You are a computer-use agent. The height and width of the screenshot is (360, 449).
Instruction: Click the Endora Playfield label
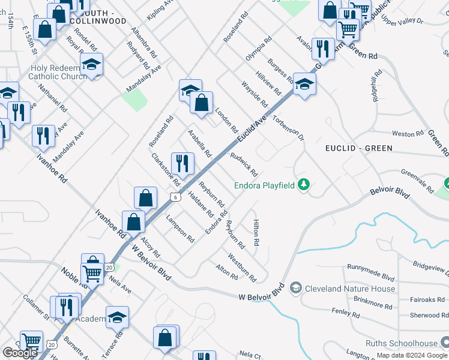(259, 185)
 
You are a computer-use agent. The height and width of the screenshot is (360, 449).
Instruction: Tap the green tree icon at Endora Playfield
(304, 184)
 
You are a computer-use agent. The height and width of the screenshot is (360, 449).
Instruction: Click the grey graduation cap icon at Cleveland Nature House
(295, 289)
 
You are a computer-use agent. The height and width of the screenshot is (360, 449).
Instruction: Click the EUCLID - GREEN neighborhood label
(359, 148)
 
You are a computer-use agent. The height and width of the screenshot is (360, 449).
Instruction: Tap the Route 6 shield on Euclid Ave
(174, 197)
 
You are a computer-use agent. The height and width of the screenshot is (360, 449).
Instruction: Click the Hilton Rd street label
(256, 232)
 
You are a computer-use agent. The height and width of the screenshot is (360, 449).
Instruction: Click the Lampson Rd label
(181, 229)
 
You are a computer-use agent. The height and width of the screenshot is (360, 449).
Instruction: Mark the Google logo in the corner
(20, 352)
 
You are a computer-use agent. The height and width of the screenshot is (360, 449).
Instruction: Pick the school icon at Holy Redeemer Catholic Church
(91, 65)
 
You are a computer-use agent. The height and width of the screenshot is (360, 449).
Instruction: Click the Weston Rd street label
(403, 134)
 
